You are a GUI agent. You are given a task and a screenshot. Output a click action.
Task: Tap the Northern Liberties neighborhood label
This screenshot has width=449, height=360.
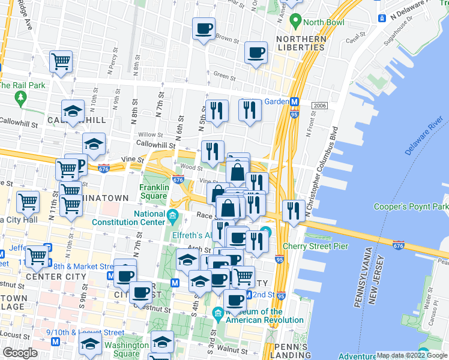[x=301, y=44]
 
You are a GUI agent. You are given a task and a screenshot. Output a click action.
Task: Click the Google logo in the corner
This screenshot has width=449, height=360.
[x=20, y=353]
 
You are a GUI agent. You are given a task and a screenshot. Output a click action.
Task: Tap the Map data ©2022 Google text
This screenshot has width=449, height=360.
[x=411, y=355]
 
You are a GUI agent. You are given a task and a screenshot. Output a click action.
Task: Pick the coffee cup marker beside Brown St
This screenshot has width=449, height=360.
[x=203, y=28]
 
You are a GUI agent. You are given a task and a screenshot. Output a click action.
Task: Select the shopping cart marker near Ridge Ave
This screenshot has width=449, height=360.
[x=61, y=62]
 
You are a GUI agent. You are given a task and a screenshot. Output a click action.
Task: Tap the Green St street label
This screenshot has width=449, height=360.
[x=224, y=77]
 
